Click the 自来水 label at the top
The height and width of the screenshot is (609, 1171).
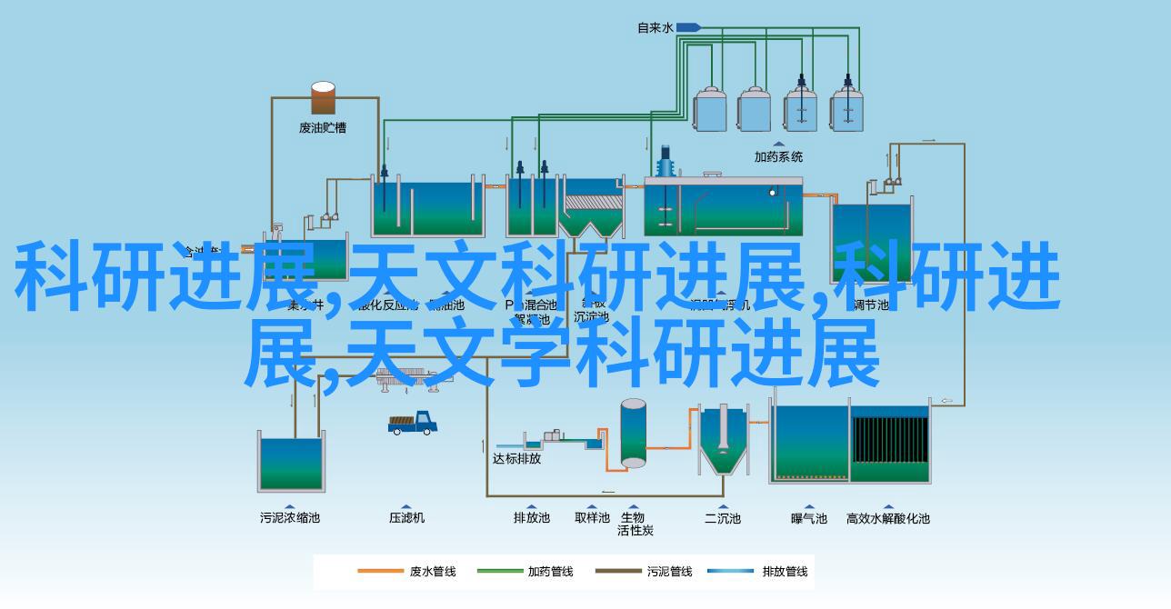coord(655,28)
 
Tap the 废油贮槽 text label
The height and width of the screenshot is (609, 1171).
coord(323,128)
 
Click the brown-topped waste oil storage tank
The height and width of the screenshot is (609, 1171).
coord(323,98)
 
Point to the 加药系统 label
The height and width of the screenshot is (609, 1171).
coord(779,156)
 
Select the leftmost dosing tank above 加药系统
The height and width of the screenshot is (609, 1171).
coord(707,109)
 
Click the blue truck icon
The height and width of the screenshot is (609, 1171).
coord(413,423)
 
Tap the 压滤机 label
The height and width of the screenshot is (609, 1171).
coord(406,518)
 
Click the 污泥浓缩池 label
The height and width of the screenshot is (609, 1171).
coord(290,518)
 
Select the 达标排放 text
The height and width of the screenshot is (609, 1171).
coord(516,459)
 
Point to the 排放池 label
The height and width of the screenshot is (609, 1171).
coord(532,518)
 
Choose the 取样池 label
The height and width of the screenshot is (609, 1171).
coord(592,518)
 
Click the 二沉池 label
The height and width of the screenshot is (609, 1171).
coord(723,518)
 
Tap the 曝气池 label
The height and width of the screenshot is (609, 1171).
coord(809,518)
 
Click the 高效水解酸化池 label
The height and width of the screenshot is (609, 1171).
coord(888,518)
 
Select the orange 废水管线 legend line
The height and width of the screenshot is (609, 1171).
coord(380,572)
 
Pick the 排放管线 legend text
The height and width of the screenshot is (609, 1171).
coord(786,572)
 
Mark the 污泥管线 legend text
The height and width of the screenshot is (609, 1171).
coord(669,572)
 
